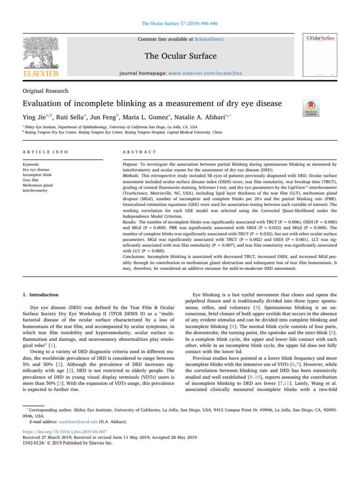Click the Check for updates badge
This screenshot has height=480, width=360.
(x=312, y=108)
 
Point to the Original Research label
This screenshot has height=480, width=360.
(x=45, y=91)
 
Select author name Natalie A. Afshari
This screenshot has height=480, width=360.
(x=233, y=115)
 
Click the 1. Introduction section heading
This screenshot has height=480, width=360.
(x=41, y=295)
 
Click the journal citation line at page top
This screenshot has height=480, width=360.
(x=180, y=23)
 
